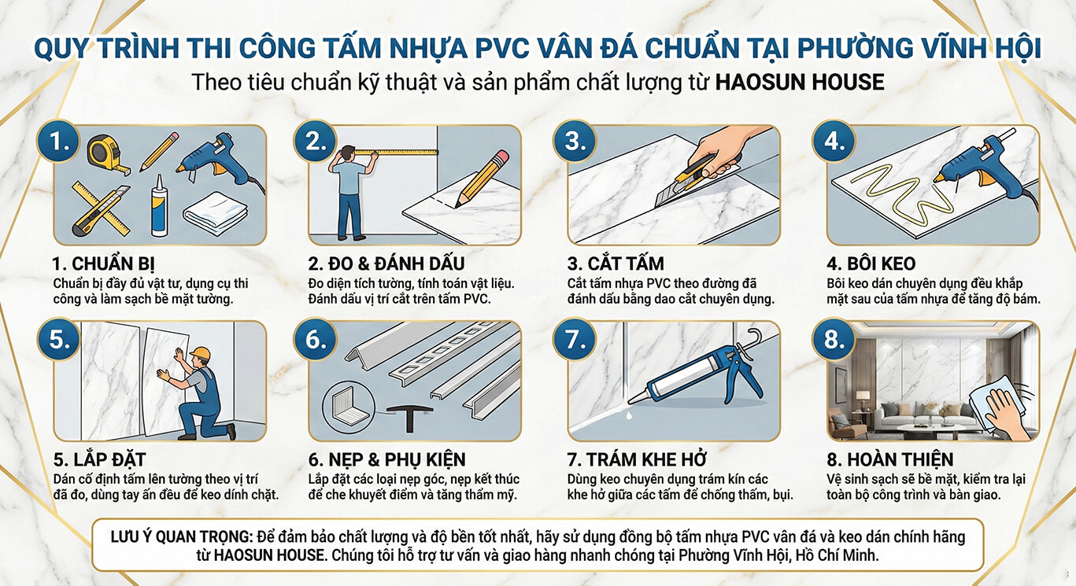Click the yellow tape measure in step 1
(x=106, y=153)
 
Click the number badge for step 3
(x=574, y=141)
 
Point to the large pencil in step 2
(x=482, y=179)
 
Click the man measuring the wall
(x=350, y=193)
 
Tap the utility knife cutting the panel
(x=692, y=180)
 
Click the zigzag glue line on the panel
(x=898, y=194)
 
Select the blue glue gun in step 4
(x=980, y=160)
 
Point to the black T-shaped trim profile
(x=410, y=418)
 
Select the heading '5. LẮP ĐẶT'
(x=99, y=459)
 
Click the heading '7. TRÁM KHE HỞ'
(x=637, y=459)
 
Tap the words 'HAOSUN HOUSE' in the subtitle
(x=800, y=82)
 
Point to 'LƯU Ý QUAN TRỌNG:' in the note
(x=182, y=536)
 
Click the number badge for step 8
(x=834, y=339)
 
